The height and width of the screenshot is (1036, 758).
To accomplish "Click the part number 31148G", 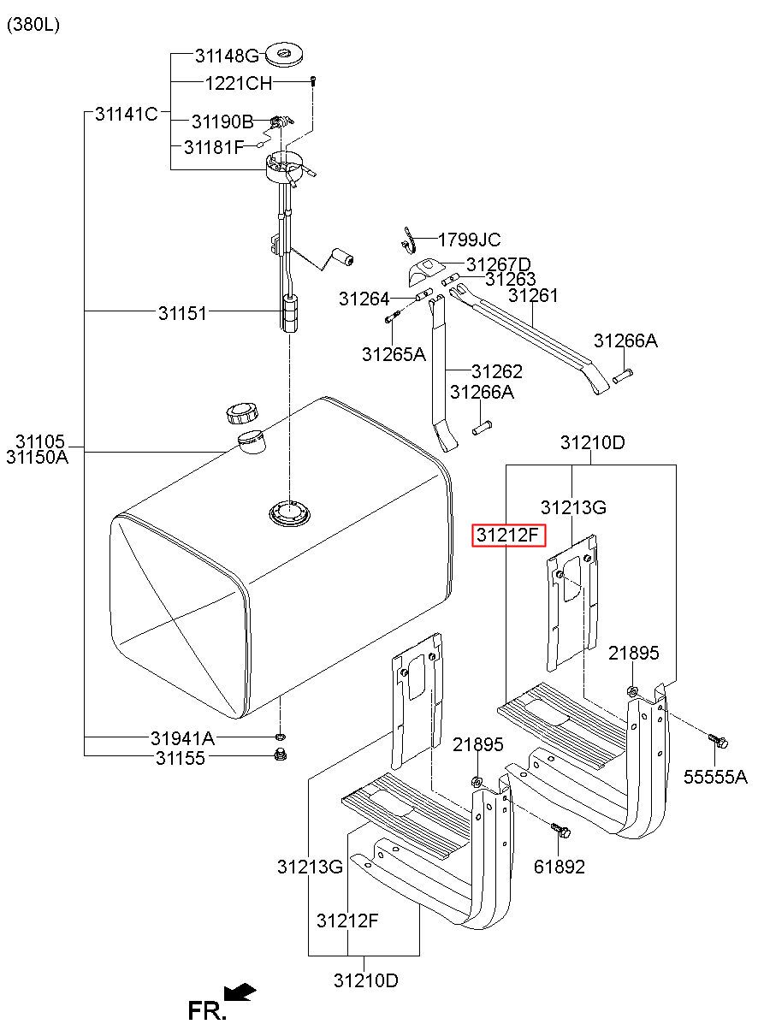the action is (227, 56).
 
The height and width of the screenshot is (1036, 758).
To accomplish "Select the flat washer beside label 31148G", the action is (284, 55).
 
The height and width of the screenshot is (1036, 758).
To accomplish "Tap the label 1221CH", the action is (239, 84).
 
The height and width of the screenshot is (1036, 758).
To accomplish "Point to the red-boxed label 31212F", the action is (508, 536).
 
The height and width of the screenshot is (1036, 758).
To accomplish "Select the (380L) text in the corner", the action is (33, 25).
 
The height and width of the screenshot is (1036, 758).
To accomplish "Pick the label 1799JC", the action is (469, 240).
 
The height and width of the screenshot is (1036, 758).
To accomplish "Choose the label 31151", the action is (182, 313).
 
